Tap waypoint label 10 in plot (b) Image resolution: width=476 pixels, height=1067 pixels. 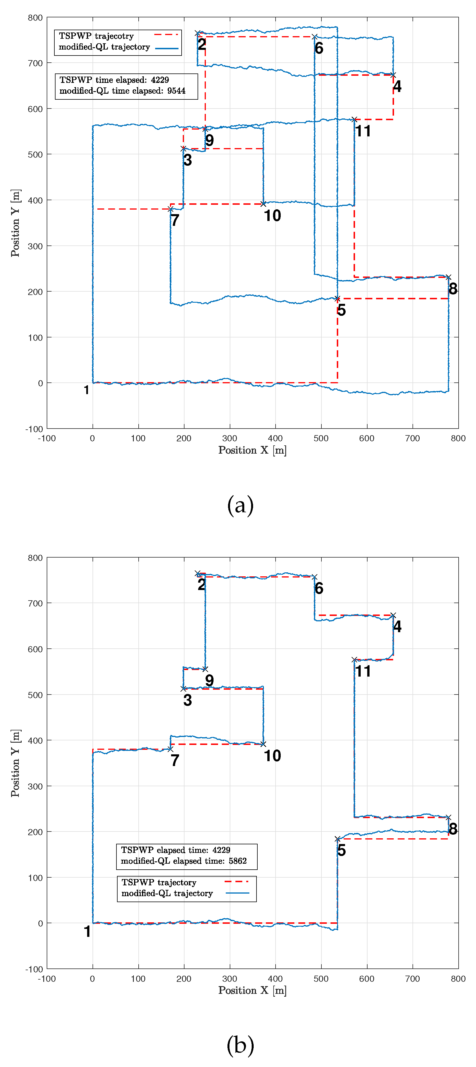point(272,755)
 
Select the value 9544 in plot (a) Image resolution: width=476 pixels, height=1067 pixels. point(176,91)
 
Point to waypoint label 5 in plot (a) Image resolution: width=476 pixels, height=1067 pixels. point(341,310)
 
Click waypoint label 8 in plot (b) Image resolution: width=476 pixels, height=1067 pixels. point(453,829)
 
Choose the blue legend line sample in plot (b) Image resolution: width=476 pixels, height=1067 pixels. point(237,893)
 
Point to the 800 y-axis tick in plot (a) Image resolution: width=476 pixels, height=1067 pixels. point(35,18)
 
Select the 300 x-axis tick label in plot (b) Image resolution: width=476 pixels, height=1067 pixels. point(229,978)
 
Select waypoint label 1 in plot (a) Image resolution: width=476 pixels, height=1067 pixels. point(86,390)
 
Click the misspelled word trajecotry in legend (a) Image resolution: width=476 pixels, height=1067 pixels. point(114,36)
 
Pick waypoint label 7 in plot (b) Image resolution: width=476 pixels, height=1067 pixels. point(175,760)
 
